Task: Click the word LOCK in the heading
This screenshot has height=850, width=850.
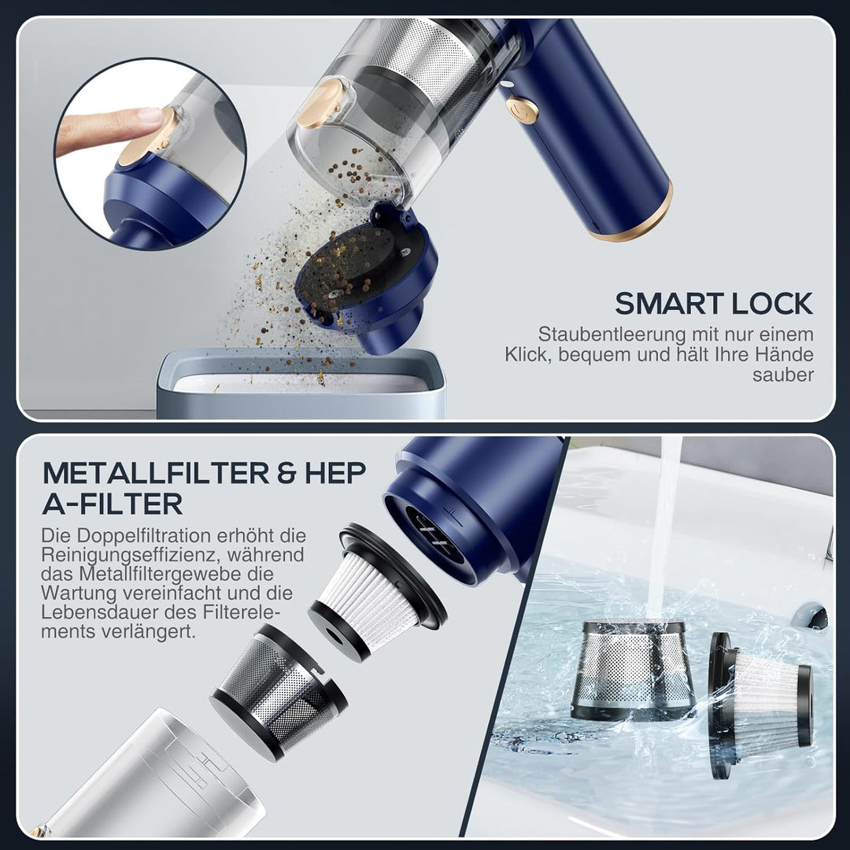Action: (x=773, y=304)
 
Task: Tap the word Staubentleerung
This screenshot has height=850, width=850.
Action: (x=612, y=334)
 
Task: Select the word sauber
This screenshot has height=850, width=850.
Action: (x=783, y=375)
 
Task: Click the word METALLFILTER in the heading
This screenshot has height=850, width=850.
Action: (x=156, y=473)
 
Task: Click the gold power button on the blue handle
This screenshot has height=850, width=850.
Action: (x=523, y=110)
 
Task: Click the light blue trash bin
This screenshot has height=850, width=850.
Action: (x=301, y=383)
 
